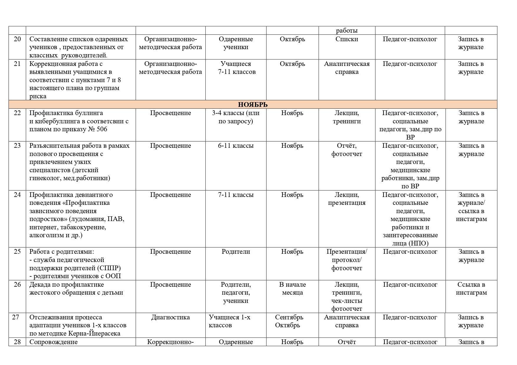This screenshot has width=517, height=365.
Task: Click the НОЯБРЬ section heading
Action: (253, 104)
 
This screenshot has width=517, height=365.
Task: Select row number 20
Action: (17, 39)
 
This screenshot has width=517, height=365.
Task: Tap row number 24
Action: (17, 195)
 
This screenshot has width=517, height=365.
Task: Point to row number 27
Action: (16, 317)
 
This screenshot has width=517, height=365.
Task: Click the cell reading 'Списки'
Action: (346, 39)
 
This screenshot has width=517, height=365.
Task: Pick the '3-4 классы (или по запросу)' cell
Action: (236, 117)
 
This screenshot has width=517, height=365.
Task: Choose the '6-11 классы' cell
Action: (236, 146)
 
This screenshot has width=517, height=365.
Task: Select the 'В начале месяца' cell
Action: (292, 289)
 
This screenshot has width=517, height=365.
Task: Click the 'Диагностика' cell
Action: (170, 317)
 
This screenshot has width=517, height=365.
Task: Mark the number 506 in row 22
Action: (102, 129)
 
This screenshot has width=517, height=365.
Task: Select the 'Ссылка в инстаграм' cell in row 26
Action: (471, 289)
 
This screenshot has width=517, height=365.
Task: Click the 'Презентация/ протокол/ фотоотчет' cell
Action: (346, 260)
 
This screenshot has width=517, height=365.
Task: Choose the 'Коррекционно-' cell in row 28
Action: (170, 342)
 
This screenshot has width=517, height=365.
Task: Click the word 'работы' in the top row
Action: (346, 31)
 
